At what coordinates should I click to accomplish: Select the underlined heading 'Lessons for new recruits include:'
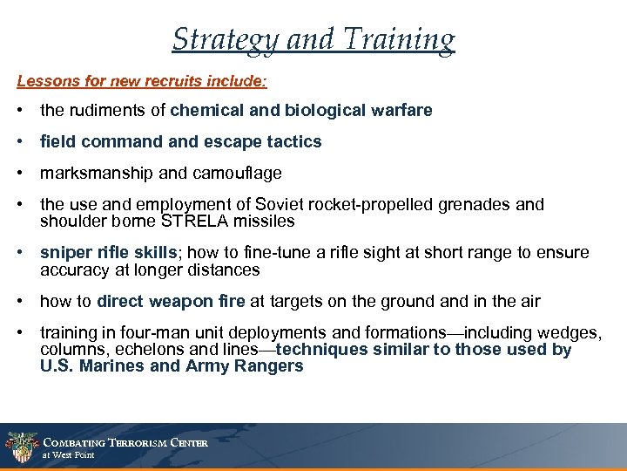tap(142, 81)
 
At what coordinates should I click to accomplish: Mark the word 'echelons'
tap(138, 350)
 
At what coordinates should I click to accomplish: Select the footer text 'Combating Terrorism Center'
tap(125, 442)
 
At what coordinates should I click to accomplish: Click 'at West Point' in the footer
tap(68, 455)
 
